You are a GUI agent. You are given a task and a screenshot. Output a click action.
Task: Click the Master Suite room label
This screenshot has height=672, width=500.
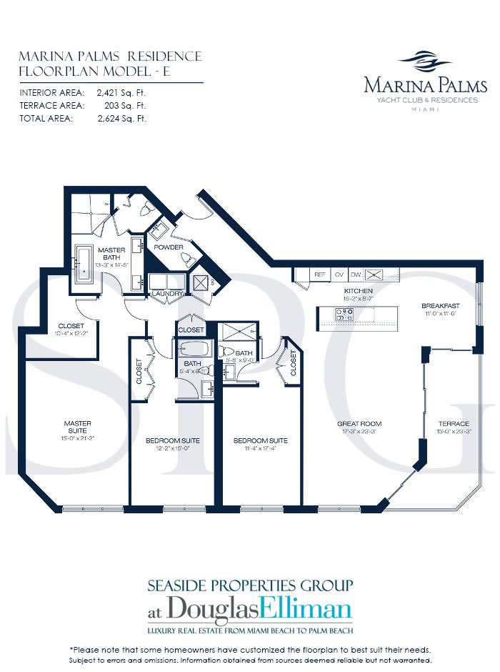[76, 428]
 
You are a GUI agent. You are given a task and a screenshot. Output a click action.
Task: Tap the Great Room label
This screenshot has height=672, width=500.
[356, 424]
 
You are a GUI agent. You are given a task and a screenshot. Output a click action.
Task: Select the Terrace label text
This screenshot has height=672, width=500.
[454, 424]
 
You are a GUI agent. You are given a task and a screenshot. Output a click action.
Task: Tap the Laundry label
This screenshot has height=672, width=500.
[167, 293]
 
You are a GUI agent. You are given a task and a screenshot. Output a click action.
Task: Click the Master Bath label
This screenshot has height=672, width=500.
[113, 254]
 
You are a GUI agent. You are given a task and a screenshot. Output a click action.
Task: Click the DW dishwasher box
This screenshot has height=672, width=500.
[355, 274]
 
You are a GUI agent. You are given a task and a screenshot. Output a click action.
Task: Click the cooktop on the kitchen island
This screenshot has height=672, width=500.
[343, 312]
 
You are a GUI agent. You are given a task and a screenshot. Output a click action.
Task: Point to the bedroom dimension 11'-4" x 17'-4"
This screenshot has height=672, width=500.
[261, 448]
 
